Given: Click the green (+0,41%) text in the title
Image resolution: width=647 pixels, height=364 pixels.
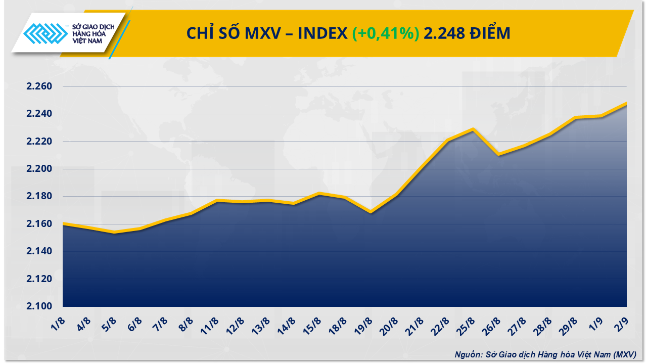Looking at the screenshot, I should (x=386, y=33).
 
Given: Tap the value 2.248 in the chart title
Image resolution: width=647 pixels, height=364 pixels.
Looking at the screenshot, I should (x=443, y=33).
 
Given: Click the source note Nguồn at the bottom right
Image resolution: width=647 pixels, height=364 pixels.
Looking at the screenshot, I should (x=545, y=354).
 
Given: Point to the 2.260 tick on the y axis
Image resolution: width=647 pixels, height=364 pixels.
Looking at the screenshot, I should (x=39, y=86).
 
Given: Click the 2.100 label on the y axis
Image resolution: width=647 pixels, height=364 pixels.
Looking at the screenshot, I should (x=39, y=306).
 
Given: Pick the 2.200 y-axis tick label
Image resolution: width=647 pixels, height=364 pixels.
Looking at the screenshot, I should (x=39, y=169).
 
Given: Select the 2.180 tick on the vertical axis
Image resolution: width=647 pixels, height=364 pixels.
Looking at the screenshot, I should (x=39, y=196).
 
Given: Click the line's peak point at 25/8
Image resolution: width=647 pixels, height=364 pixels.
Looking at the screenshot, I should (x=472, y=129).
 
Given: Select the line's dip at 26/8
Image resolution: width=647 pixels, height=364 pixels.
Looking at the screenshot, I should (x=498, y=154).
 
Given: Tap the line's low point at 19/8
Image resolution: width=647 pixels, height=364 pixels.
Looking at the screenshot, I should (x=371, y=212).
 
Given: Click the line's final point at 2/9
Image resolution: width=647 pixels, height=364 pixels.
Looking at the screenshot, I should (x=626, y=104).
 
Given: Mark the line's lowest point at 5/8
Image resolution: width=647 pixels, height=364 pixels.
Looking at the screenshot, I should (x=115, y=232).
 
